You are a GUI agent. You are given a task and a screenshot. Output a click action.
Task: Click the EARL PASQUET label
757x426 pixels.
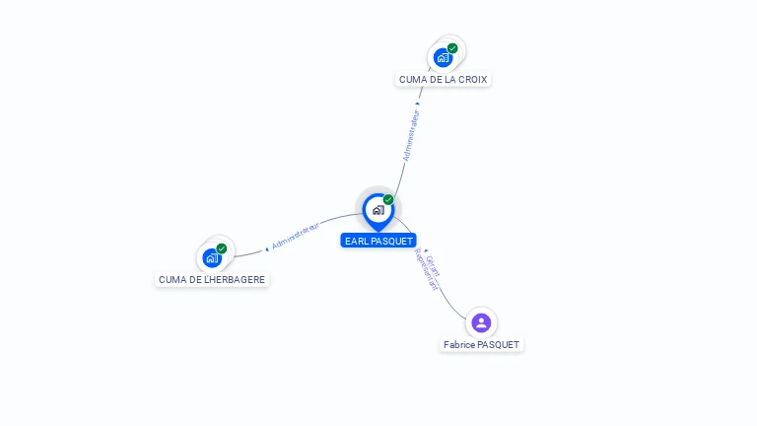tap(378, 241)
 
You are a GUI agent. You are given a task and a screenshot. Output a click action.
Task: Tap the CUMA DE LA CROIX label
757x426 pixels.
tap(443, 79)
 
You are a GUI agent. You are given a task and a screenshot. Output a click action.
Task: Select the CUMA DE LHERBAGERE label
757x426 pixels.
tap(212, 279)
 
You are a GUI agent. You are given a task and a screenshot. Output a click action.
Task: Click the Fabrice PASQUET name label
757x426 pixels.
tap(481, 345)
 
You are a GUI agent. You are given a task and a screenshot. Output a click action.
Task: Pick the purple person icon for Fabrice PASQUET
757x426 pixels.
tap(481, 322)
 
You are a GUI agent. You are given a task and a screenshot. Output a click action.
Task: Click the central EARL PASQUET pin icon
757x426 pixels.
tap(378, 210)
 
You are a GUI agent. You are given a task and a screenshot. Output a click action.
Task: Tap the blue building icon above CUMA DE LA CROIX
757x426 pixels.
tap(443, 58)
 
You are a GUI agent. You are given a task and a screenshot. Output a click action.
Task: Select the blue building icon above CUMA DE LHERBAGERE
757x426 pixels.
tap(212, 258)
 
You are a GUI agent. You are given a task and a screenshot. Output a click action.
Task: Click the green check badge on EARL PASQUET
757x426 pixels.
tap(388, 200)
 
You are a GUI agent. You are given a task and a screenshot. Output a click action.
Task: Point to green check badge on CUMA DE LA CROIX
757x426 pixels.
tap(452, 48)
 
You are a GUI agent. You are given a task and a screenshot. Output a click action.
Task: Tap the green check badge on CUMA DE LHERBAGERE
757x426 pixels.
tap(222, 248)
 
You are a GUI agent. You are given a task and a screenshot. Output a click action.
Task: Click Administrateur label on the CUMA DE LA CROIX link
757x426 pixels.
tap(412, 135)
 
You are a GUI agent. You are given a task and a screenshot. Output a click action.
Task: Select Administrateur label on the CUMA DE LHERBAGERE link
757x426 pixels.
tap(296, 235)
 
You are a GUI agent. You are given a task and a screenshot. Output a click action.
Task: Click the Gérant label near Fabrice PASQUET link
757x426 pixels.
tap(432, 264)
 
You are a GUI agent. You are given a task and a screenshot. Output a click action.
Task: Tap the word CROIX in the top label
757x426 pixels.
tap(472, 79)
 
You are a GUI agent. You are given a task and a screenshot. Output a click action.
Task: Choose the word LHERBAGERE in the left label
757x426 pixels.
tap(236, 279)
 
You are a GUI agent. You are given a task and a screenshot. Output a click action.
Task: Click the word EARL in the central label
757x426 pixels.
tap(356, 241)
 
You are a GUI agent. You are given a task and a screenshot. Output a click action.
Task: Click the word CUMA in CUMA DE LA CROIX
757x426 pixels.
tap(412, 79)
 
